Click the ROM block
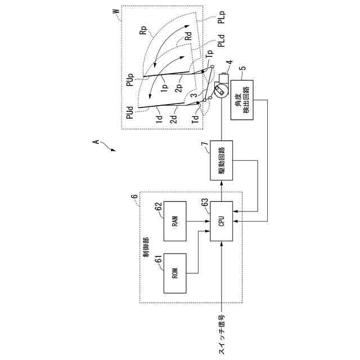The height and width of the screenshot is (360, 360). click(175, 273)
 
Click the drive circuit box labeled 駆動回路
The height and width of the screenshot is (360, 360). click(221, 159)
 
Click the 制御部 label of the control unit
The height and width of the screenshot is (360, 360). click(147, 247)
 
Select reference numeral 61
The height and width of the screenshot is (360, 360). click(159, 259)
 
